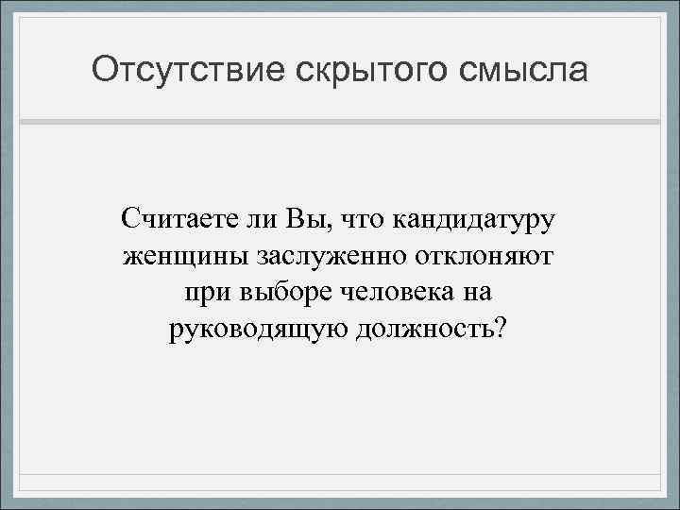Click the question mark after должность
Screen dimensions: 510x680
500,330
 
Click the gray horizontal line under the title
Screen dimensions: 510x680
340,122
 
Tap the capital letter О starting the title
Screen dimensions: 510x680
104,70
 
